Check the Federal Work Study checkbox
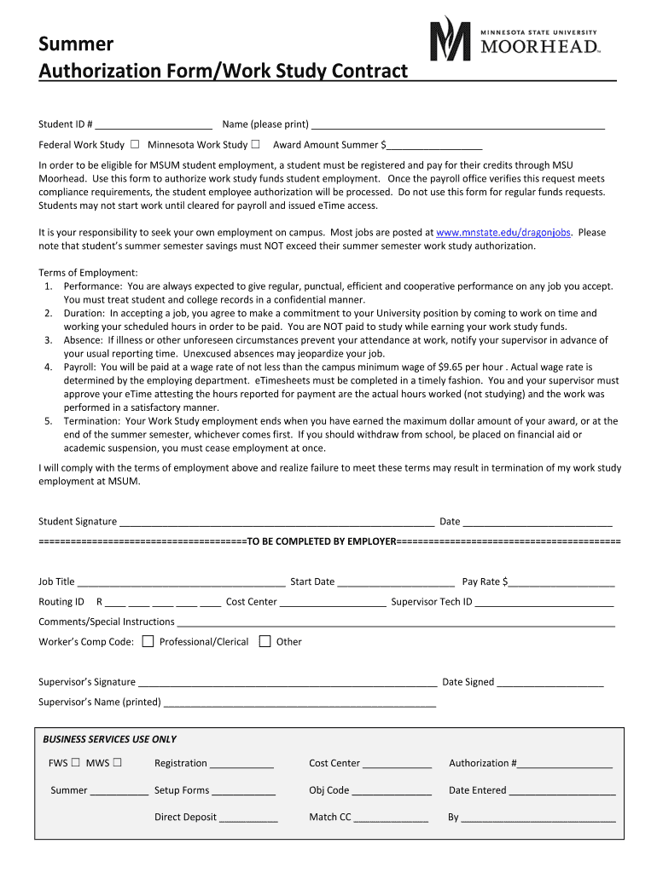(136, 145)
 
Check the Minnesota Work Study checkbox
(255, 145)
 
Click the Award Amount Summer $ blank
(434, 146)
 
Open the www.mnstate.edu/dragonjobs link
(503, 233)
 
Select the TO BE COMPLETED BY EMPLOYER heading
(322, 542)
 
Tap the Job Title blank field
(181, 583)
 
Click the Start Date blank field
(396, 583)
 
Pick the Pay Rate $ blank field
(561, 583)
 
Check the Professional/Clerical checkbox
(148, 641)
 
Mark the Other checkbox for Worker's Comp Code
(265, 641)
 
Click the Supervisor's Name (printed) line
(299, 703)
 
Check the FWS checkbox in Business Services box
(76, 763)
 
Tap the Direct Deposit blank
(248, 818)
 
